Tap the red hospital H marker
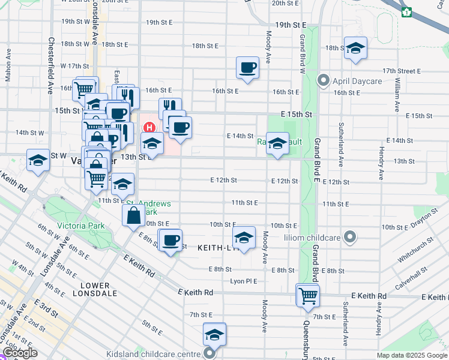coord(149,127)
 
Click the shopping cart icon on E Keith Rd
coord(307,295)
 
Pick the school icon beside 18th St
coord(355,48)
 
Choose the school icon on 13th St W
coord(38,160)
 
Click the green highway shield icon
coord(407,11)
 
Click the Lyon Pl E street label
coord(244,281)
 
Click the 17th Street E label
coord(402,71)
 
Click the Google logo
coord(20,353)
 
